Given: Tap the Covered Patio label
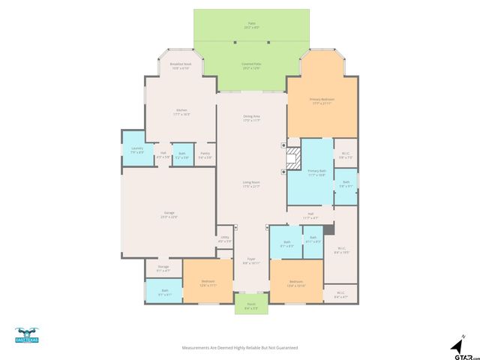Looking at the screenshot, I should pos(252,66).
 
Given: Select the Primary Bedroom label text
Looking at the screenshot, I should pos(322,100).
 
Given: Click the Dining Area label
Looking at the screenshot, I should pos(251,118).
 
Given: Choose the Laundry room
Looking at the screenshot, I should pos(136,149).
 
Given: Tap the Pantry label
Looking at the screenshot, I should pos(205,155).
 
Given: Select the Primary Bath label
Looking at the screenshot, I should pos(316,172).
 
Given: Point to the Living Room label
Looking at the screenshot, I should pos(251,184).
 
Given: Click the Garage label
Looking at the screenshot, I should pos(169,214).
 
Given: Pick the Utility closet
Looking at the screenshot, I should pos(224,240).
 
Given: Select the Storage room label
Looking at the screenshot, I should pos(163,268).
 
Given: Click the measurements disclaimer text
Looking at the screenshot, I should pos(240,348).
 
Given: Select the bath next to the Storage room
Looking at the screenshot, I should pos(164,291).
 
